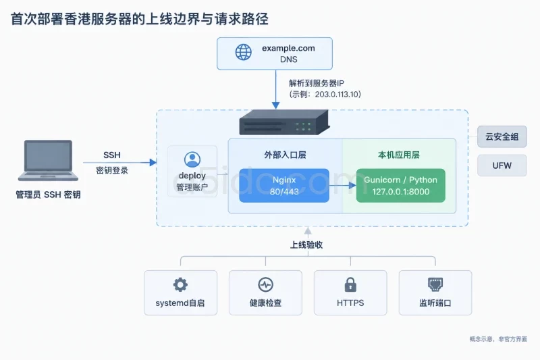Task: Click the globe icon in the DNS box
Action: [x=244, y=52]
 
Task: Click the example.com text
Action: [x=288, y=48]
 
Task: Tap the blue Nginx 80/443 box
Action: [x=284, y=185]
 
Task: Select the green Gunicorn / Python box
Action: [x=400, y=185]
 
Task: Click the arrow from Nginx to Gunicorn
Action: [x=343, y=185]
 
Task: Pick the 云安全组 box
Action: [x=502, y=136]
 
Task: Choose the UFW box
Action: [x=502, y=165]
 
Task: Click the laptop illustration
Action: [x=48, y=161]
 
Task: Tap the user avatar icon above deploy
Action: [x=192, y=159]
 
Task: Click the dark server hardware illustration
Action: [x=284, y=123]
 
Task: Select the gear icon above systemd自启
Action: [x=180, y=285]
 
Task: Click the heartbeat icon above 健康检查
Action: [x=265, y=285]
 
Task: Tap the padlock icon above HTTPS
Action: [x=350, y=284]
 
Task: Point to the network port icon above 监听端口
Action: [x=435, y=284]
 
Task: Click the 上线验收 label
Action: [x=306, y=245]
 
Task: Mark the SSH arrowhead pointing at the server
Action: [x=153, y=162]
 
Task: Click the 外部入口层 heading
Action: [x=285, y=155]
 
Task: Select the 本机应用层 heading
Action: [x=399, y=155]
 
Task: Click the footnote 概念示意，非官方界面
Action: [x=498, y=339]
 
